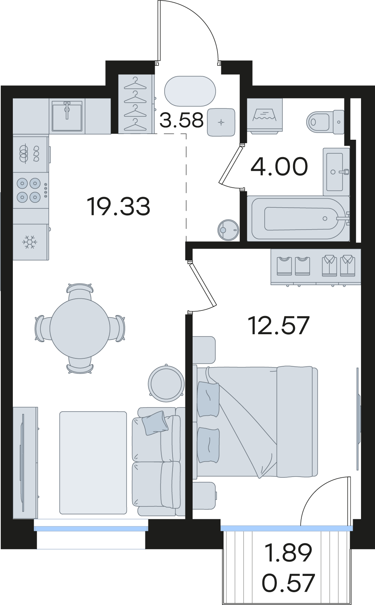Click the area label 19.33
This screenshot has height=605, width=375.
tap(118, 206)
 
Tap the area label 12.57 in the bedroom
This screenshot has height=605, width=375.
tap(279, 326)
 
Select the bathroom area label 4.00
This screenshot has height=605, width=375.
tap(279, 166)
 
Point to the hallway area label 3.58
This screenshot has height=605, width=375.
tap(181, 120)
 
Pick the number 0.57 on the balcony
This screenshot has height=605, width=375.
tap(288, 583)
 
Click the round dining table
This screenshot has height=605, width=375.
tap(80, 328)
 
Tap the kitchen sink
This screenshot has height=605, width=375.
tap(67, 116)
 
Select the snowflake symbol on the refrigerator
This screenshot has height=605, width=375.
tap(29, 242)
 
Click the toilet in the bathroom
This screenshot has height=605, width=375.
tap(325, 122)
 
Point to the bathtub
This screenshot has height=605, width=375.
tap(298, 219)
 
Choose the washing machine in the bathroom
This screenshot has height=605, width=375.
tap(265, 116)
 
